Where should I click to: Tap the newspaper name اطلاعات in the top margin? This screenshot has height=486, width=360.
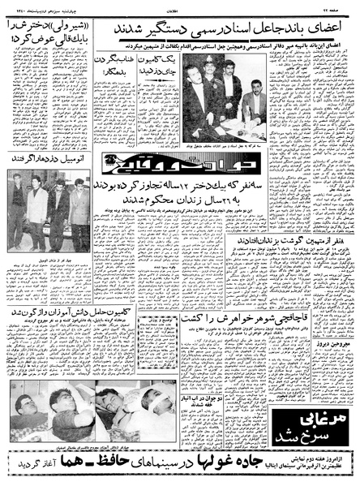click(180, 6)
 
